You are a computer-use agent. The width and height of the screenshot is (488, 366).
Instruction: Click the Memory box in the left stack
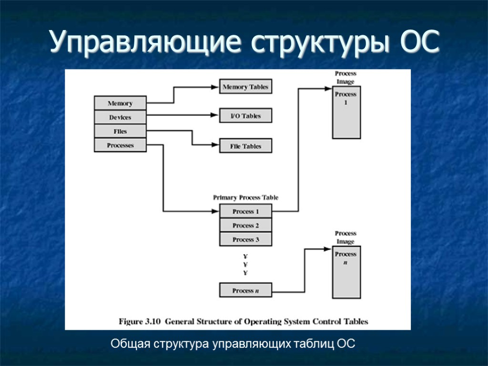120,103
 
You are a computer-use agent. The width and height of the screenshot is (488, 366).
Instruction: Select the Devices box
120,117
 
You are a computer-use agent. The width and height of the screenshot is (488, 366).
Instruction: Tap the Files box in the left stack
120,132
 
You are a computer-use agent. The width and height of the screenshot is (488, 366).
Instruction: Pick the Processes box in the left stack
120,145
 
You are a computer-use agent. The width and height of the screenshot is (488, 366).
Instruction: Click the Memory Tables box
245,87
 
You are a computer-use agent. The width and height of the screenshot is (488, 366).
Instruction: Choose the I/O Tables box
245,116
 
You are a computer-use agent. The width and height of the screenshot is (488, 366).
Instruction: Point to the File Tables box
245,146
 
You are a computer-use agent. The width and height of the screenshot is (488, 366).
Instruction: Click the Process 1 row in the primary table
245,211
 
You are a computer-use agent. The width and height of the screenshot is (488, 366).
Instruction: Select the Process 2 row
245,225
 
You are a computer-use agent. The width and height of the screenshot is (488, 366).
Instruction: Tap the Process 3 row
245,239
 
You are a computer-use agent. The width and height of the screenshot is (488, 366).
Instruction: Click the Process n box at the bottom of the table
245,290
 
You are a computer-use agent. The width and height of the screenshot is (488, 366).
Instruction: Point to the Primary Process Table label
245,197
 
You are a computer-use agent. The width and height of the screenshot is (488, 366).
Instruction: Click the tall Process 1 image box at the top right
346,112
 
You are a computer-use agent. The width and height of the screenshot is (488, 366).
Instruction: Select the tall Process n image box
346,272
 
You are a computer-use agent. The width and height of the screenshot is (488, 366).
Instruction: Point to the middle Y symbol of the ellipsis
245,264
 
